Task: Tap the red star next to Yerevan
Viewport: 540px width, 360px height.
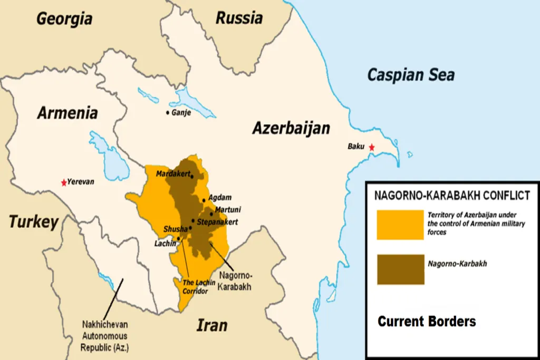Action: [x=64, y=182]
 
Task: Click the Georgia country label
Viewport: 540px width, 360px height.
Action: [x=64, y=19]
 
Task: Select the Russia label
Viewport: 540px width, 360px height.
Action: [x=239, y=18]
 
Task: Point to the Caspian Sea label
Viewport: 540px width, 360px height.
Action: [x=411, y=74]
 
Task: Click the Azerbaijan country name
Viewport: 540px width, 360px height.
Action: [x=291, y=128]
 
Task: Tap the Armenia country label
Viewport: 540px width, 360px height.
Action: [x=67, y=113]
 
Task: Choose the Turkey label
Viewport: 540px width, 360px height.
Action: [x=33, y=222]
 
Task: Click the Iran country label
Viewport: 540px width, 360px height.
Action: [x=211, y=325]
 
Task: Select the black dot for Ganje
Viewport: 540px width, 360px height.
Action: [x=168, y=112]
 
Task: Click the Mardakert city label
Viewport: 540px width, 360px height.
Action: [x=172, y=173]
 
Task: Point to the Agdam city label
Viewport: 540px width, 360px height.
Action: [x=220, y=198]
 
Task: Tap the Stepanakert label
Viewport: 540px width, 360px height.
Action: [x=217, y=222]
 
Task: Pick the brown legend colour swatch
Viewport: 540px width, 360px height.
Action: [x=400, y=269]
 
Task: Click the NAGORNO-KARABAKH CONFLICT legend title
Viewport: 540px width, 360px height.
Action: [x=452, y=196]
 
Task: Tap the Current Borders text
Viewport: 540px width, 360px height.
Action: [x=427, y=321]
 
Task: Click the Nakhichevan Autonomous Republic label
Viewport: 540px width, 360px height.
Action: [x=104, y=336]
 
